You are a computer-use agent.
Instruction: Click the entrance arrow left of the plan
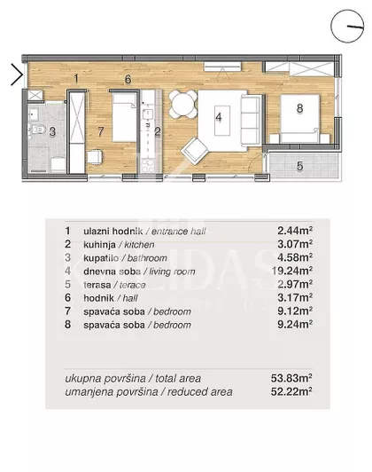click(19, 75)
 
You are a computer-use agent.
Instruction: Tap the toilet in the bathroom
click(36, 130)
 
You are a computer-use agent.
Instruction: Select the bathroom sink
click(33, 114)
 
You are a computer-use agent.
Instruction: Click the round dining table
click(182, 104)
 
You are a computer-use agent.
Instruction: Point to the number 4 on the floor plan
click(219, 117)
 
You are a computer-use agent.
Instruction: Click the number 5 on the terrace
click(299, 166)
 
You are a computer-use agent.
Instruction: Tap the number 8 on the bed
click(299, 108)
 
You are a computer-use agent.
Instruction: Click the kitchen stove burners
click(148, 165)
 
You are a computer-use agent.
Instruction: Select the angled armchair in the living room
click(195, 151)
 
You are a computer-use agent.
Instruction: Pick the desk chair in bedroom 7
click(94, 157)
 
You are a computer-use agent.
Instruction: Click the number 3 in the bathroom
click(52, 131)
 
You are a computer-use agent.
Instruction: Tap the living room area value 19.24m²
click(291, 271)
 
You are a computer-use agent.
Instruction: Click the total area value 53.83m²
click(291, 378)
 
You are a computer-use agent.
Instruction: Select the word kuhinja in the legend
click(99, 245)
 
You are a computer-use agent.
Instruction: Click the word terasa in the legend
click(97, 285)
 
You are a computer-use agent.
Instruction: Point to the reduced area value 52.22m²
click(291, 391)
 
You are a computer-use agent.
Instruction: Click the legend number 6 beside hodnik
click(68, 298)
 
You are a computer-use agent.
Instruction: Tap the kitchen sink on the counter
click(148, 114)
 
